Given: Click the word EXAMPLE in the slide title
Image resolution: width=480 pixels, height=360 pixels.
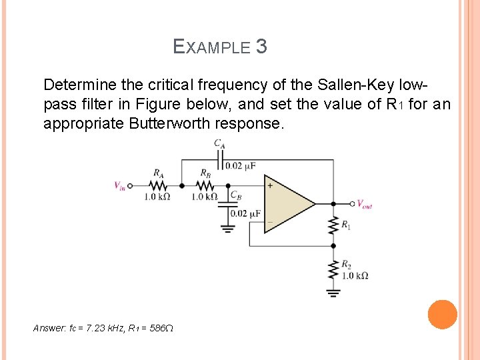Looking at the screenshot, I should [211, 47].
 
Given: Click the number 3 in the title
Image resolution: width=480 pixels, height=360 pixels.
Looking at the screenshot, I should [261, 47].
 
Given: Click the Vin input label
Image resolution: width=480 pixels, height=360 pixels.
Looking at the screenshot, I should [119, 186].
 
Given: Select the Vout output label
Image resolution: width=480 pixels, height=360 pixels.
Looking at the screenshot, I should [364, 204].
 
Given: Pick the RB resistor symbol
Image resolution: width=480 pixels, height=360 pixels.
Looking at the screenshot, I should [205, 186].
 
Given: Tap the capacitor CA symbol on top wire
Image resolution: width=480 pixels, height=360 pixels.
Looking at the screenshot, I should [219, 160].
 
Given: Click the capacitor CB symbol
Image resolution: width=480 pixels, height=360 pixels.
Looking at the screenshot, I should [227, 204].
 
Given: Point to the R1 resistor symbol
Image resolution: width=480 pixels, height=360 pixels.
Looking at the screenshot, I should [333, 226].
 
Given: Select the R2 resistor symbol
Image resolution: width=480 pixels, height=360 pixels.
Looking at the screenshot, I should [333, 271].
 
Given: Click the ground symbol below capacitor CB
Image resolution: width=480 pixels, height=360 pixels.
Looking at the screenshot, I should [227, 228].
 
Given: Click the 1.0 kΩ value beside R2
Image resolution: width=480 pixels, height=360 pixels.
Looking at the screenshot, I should [355, 275].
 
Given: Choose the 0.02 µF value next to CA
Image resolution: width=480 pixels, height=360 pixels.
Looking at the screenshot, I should [241, 165].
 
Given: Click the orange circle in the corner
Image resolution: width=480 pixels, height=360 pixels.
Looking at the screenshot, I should [442, 315].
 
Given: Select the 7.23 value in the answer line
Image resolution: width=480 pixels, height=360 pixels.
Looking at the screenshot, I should [98, 328].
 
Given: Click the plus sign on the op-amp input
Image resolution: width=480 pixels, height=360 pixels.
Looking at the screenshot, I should [270, 186].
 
